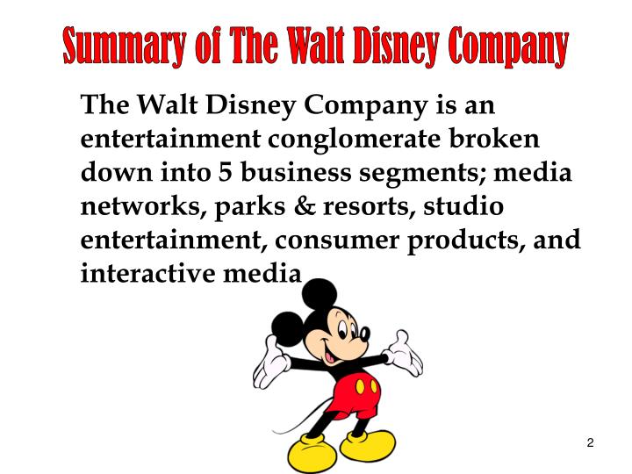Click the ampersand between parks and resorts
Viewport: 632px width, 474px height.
(x=288, y=207)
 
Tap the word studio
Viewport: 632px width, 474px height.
(x=463, y=207)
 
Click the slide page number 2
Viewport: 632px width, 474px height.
(x=591, y=443)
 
